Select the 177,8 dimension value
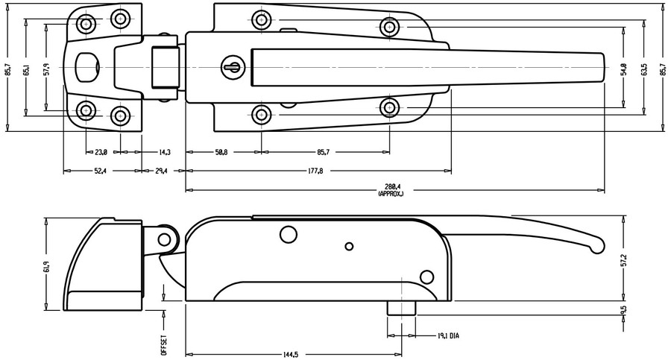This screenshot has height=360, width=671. [x=315, y=171]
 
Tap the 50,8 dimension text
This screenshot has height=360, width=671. [x=221, y=152]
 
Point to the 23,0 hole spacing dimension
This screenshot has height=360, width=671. [x=101, y=152]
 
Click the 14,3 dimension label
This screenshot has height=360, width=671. [x=165, y=152]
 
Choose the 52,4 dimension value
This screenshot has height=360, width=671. [x=99, y=171]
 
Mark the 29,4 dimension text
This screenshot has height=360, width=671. [x=161, y=171]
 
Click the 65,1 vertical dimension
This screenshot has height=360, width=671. [x=27, y=70]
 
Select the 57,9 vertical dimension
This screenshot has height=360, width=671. [x=46, y=70]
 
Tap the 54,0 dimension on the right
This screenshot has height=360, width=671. [x=623, y=70]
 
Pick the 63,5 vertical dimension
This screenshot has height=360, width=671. [x=643, y=70]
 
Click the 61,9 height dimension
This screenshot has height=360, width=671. [x=46, y=265]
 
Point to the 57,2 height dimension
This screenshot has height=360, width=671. [x=623, y=258]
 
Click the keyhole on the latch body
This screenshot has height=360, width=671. [x=232, y=68]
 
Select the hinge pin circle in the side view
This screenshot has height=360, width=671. [x=165, y=239]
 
